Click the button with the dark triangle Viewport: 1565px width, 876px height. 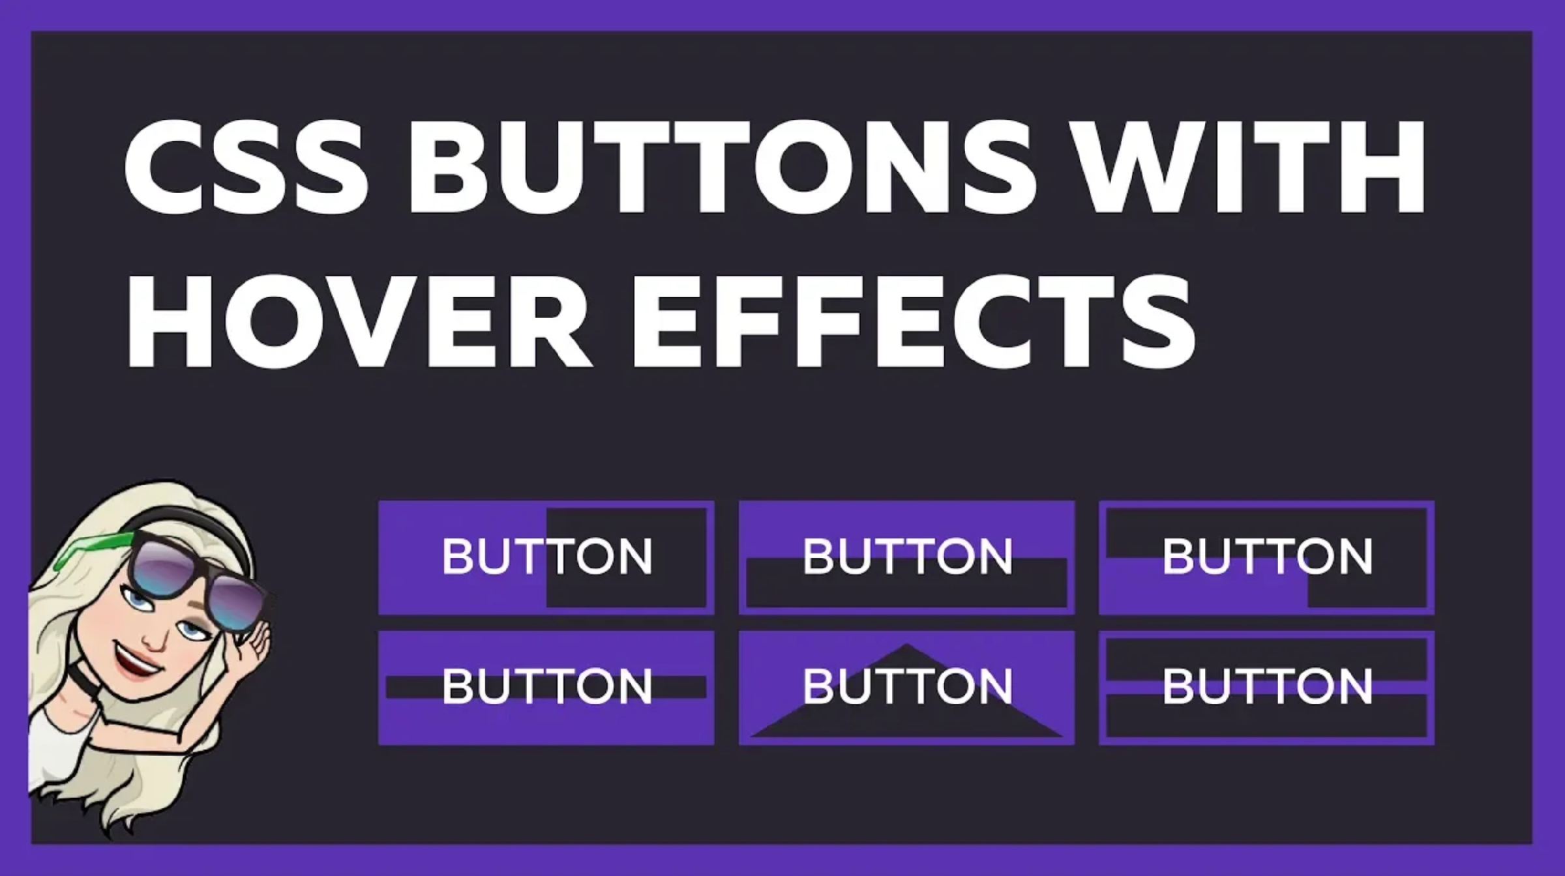(x=906, y=688)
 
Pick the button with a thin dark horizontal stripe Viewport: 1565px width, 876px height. (x=546, y=688)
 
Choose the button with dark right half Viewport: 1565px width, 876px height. (x=546, y=558)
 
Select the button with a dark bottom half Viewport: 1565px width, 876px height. (x=906, y=558)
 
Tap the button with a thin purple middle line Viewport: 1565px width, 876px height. (x=1266, y=688)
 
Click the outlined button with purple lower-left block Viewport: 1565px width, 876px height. (x=1266, y=558)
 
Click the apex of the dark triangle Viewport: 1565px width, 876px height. (x=906, y=645)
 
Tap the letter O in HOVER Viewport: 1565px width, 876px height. (x=287, y=320)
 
